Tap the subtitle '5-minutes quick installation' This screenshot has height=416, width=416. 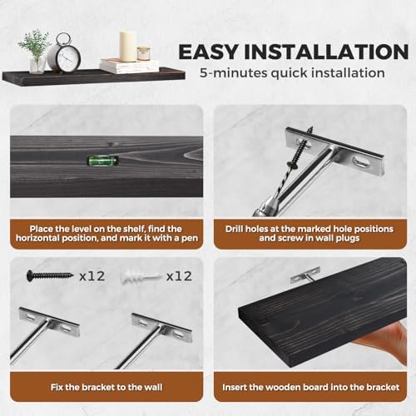click(292, 72)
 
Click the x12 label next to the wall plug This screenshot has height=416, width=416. click(180, 276)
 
